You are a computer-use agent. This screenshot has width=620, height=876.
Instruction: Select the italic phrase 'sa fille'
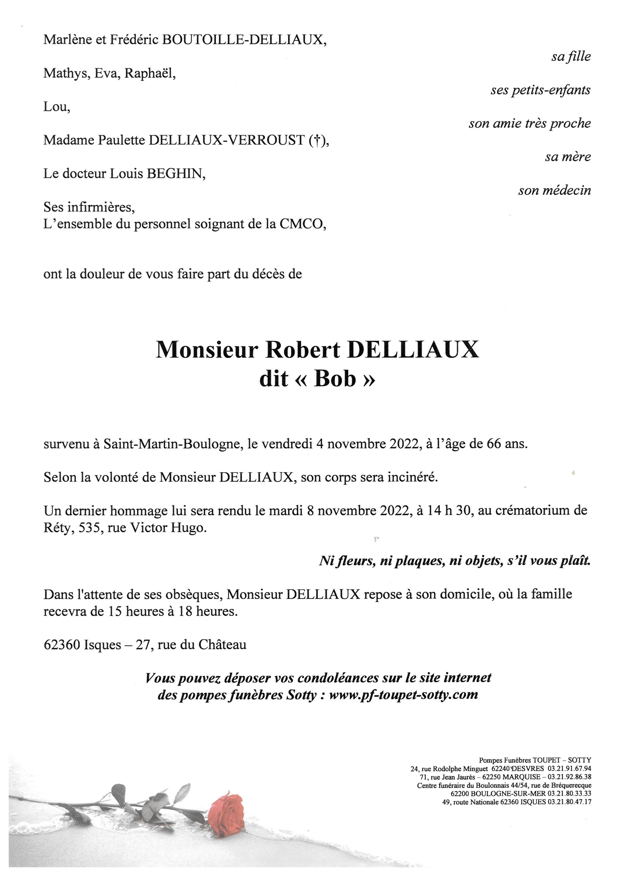571,57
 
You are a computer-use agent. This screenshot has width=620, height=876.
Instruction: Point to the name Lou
56,107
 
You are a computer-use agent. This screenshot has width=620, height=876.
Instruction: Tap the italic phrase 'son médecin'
554,190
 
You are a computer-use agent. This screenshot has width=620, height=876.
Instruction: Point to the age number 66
493,444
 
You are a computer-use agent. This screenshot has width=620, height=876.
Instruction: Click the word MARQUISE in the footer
521,777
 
